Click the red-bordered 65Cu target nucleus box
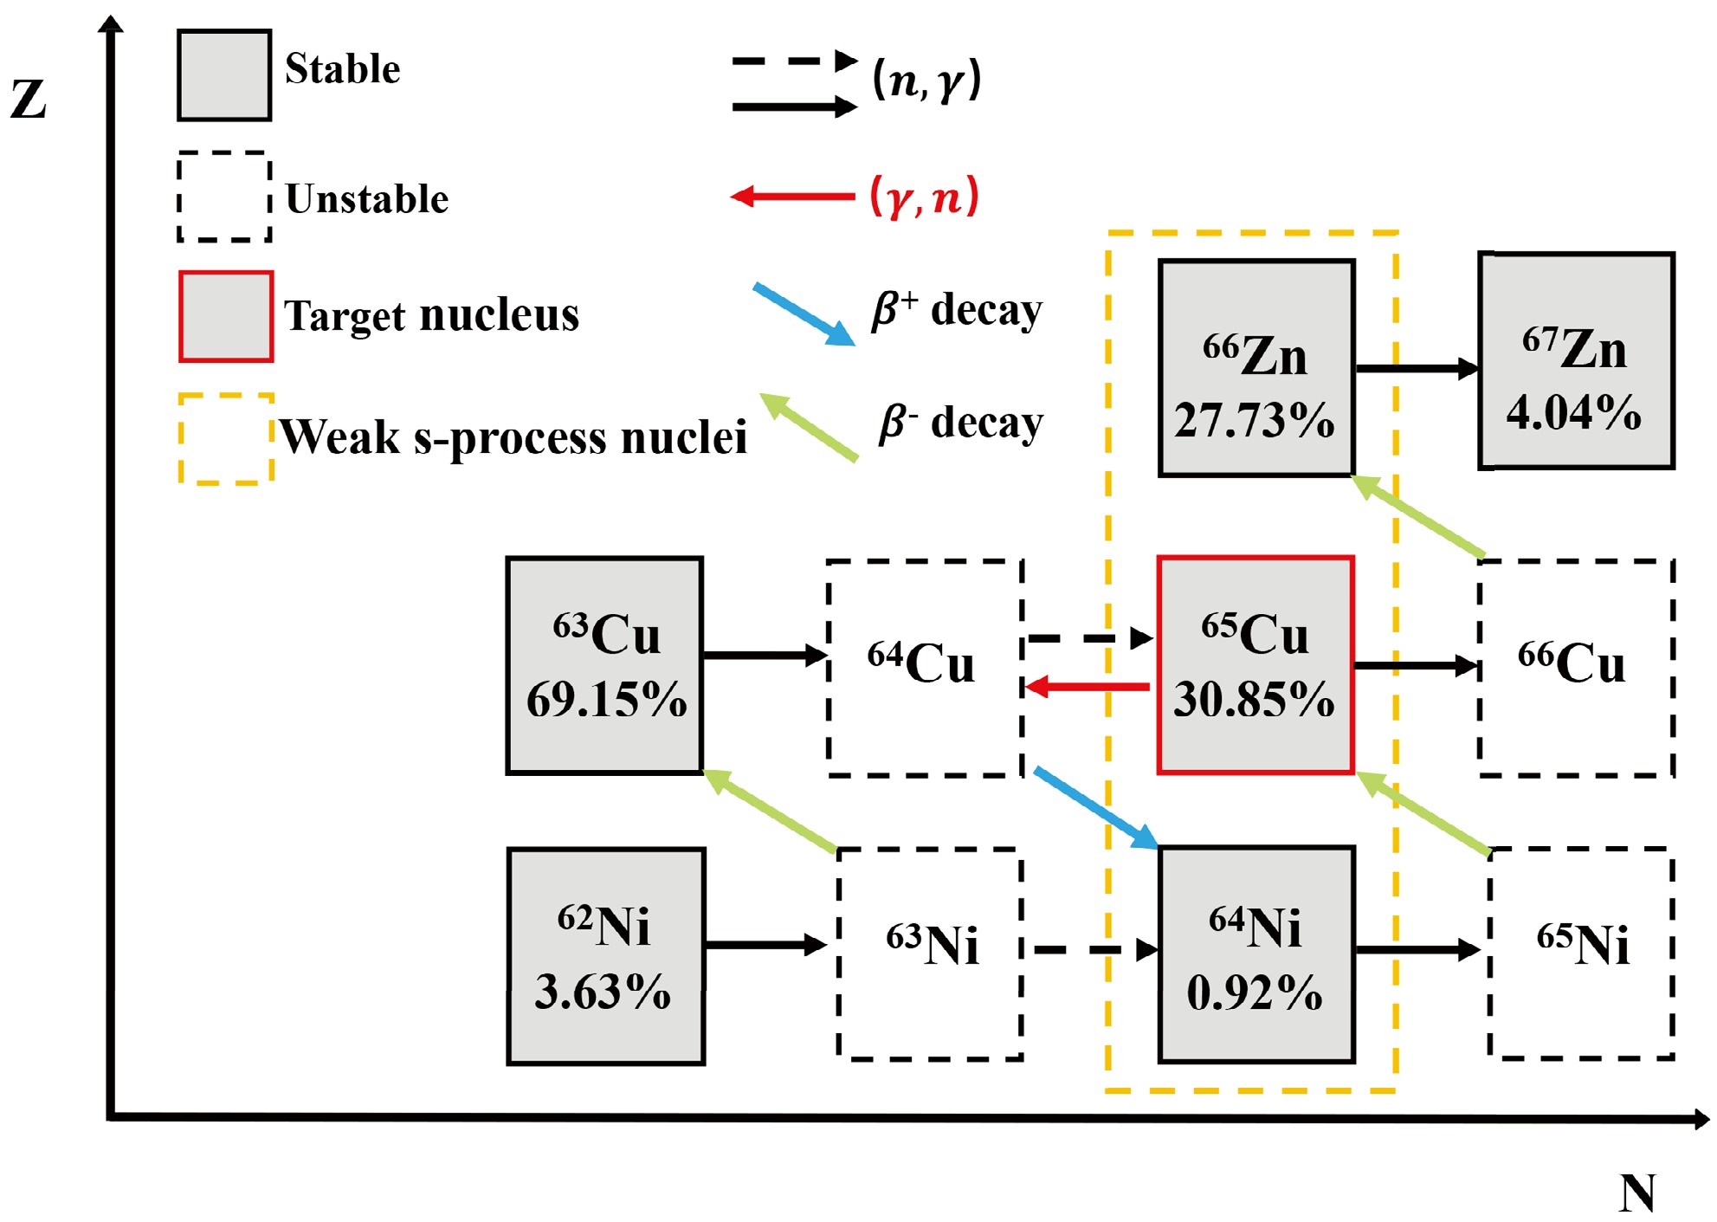pos(1255,664)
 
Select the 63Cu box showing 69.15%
pos(604,665)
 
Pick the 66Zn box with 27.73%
pos(1256,368)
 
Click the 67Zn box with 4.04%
pos(1576,361)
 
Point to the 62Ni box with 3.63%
pos(605,955)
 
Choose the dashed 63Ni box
pos(930,953)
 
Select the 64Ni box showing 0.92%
pos(1256,954)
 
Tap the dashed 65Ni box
pos(1581,953)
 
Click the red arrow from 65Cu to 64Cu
pos(1088,688)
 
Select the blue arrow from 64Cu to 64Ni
pos(1095,807)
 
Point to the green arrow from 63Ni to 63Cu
pos(770,811)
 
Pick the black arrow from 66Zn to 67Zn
pos(1417,369)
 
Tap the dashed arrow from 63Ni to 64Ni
pos(1094,950)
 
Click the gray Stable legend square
pos(224,75)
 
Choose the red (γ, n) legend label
pos(924,197)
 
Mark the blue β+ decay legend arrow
pos(804,314)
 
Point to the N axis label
pos(1636,1193)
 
